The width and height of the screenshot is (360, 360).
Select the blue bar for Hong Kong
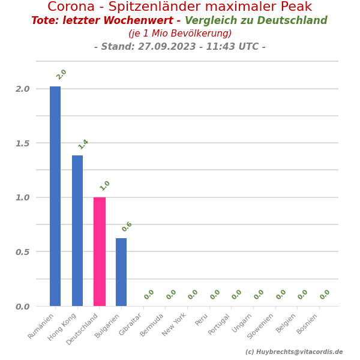(x=77, y=230)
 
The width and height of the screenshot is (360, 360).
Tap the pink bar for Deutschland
(x=100, y=251)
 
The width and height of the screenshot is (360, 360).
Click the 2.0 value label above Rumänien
(x=61, y=74)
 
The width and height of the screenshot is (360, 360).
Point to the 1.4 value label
(x=83, y=144)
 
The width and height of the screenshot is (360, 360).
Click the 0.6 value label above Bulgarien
(x=127, y=227)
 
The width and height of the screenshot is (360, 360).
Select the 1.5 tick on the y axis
(x=22, y=143)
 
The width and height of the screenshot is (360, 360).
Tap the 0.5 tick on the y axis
(x=22, y=252)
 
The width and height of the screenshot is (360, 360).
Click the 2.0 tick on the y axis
(x=22, y=89)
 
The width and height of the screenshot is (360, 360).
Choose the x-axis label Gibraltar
(x=131, y=325)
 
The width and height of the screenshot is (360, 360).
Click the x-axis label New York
(x=175, y=325)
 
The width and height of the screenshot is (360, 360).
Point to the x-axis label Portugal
(x=220, y=325)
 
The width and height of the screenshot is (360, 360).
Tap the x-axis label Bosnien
(x=308, y=325)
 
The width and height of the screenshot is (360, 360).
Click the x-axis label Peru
(x=202, y=320)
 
